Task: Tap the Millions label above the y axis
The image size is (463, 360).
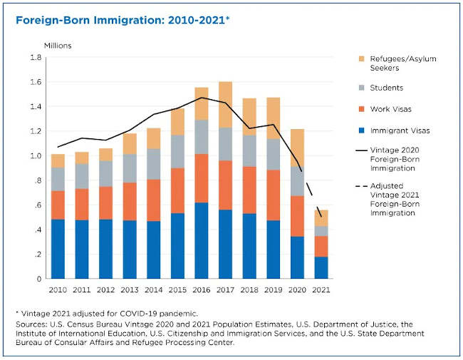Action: pos(58,46)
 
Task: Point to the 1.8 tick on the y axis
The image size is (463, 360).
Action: pos(35,58)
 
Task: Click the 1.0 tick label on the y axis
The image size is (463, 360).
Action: pos(35,156)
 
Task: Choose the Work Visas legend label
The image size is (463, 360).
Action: pos(391,108)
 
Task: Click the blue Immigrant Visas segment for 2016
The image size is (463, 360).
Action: pos(202,240)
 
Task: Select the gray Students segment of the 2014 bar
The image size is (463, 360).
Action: pos(152,163)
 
